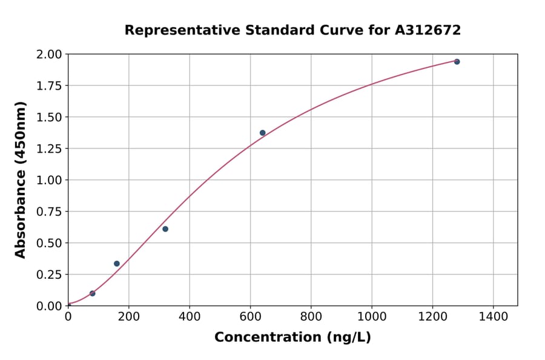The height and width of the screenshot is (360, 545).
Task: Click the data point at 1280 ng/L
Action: coord(457,62)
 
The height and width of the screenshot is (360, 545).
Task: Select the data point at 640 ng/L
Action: coord(262,133)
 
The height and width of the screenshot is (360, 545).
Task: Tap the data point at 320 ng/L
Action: coord(165,229)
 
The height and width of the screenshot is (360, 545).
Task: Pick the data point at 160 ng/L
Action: coord(117,264)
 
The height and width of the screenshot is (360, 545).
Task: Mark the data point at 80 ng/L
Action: coord(92,293)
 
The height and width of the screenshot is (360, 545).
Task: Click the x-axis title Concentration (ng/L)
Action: coord(292,338)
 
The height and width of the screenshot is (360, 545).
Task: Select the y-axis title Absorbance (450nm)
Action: coord(21,180)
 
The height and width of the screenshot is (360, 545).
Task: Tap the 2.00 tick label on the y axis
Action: coord(48,55)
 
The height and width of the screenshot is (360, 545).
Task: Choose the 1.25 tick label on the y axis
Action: coord(48,148)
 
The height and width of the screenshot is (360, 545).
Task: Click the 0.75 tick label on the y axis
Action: coord(48,212)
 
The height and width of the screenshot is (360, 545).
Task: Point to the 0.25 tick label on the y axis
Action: coord(48,275)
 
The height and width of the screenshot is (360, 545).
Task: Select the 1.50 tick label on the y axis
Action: coord(48,117)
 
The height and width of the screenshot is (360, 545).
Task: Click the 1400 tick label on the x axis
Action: coord(493,316)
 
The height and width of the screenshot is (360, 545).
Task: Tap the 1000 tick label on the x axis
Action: coord(372,316)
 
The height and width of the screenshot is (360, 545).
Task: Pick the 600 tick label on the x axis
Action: coord(250,316)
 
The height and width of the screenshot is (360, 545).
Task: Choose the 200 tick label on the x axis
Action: coord(128,316)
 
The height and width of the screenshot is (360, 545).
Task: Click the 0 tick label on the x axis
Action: coord(68,316)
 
